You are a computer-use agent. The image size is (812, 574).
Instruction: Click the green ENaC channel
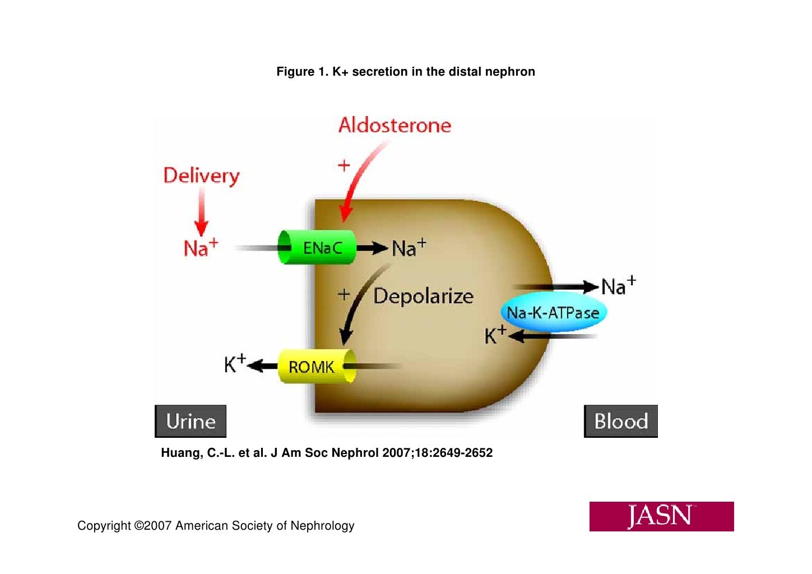[x=318, y=247]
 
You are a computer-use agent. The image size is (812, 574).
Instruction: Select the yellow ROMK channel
[x=317, y=367]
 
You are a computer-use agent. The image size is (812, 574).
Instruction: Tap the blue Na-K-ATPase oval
[x=553, y=313]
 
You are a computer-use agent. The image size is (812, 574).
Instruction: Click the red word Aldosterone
[x=395, y=125]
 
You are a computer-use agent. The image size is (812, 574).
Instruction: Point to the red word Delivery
[x=201, y=175]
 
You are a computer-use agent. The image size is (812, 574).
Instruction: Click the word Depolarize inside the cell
[x=423, y=296]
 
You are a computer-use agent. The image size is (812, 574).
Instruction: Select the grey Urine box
[x=191, y=421]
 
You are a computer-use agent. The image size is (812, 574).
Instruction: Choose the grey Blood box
[x=620, y=421]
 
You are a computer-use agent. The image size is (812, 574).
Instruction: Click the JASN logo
[x=661, y=516]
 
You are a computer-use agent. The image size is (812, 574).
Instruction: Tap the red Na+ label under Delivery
[x=201, y=247]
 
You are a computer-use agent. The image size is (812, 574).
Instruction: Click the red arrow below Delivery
[x=201, y=213]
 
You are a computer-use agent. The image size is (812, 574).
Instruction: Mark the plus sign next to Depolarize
[x=344, y=294]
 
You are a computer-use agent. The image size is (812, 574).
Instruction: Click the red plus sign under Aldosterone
[x=344, y=165]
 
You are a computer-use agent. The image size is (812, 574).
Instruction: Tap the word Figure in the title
[x=295, y=72]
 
